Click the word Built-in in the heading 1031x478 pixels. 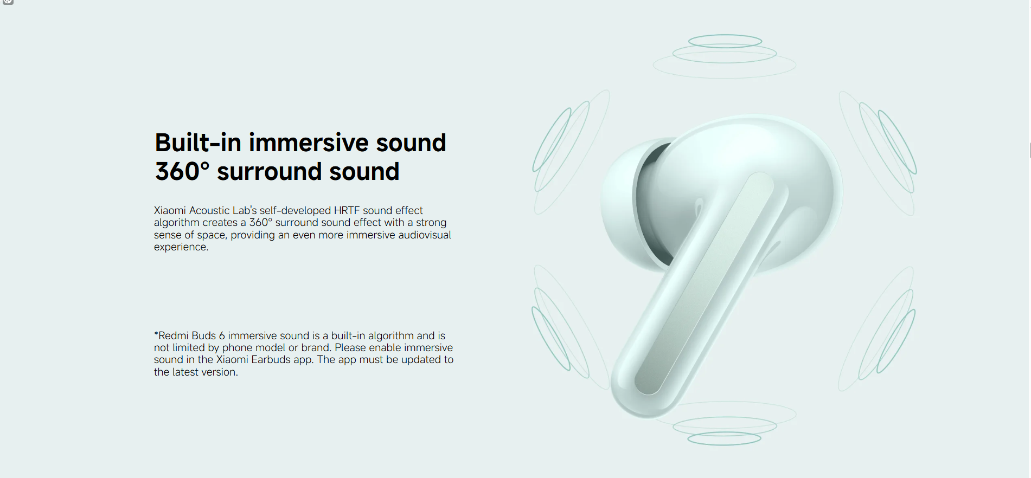tap(198, 143)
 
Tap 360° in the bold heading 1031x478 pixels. tap(182, 172)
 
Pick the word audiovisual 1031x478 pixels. tap(425, 235)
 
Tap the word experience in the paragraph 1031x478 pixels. tap(180, 247)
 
